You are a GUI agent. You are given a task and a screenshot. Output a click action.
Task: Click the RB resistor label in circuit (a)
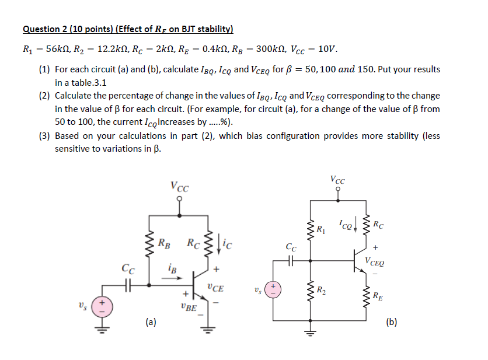point(165,242)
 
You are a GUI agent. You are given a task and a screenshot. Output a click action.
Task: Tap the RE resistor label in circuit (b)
point(378,295)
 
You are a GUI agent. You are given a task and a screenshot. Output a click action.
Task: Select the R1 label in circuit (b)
point(320,227)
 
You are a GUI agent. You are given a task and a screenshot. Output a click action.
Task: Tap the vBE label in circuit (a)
point(189,307)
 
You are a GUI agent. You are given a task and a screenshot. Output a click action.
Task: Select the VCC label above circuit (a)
point(179,187)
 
